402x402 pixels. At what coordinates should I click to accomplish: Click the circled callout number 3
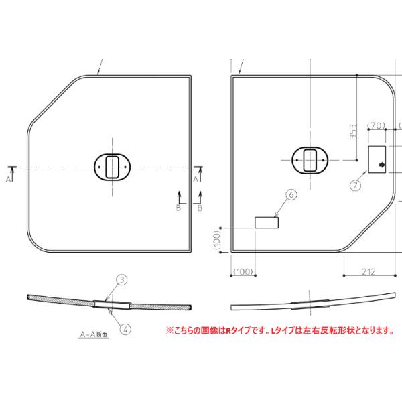pos(122,279)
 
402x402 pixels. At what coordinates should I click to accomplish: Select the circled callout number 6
pos(290,194)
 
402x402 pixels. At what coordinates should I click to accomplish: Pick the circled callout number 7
pos(355,182)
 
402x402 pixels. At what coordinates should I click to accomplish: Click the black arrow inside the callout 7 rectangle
pos(383,163)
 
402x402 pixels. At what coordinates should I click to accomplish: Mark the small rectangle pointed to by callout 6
pos(267,222)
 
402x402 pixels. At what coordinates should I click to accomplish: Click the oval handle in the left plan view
pos(112,165)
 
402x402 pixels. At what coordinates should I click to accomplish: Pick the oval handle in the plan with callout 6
pos(310,160)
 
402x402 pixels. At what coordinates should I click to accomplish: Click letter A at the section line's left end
pos(9,180)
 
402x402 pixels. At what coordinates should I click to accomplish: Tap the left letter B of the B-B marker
pos(178,208)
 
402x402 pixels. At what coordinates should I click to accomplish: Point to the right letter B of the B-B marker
pos(199,208)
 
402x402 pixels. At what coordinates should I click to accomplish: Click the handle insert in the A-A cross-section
pos(112,304)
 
